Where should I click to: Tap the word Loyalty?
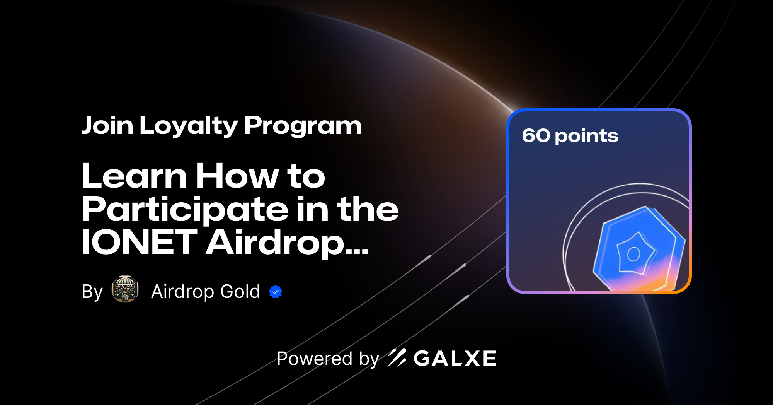pyautogui.click(x=189, y=126)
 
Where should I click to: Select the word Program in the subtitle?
pyautogui.click(x=303, y=126)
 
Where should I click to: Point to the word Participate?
pyautogui.click(x=185, y=210)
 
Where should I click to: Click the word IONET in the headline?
pyautogui.click(x=139, y=243)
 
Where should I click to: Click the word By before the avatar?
pyautogui.click(x=92, y=292)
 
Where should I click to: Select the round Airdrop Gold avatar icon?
pyautogui.click(x=125, y=289)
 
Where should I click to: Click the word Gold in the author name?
pyautogui.click(x=240, y=291)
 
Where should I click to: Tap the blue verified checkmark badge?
pyautogui.click(x=276, y=292)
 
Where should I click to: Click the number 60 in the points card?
pyautogui.click(x=536, y=136)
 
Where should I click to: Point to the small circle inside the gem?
pyautogui.click(x=633, y=254)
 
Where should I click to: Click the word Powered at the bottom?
pyautogui.click(x=315, y=359)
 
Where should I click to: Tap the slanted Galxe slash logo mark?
pyautogui.click(x=397, y=358)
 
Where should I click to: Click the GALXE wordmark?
pyautogui.click(x=455, y=359)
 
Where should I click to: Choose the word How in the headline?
pyautogui.click(x=237, y=176)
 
